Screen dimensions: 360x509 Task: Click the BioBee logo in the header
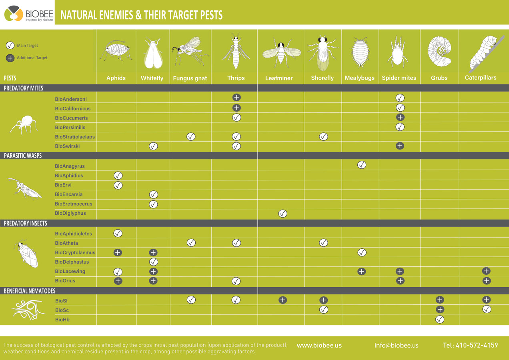(x=28, y=14)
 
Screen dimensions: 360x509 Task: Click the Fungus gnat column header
(x=190, y=78)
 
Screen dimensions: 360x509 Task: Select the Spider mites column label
(x=399, y=78)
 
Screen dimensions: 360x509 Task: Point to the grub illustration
(x=439, y=52)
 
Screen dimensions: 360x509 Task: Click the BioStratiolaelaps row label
(x=75, y=137)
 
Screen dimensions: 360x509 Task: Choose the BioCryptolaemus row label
(x=75, y=252)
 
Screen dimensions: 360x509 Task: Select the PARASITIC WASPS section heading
(x=23, y=156)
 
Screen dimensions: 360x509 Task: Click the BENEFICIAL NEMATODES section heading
(x=30, y=291)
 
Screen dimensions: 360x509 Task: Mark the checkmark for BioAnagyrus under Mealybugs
(x=361, y=165)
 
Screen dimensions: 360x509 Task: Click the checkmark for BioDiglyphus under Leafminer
(x=283, y=214)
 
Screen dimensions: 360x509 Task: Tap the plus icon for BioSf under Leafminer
(x=283, y=300)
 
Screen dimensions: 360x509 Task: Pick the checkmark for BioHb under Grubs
(x=439, y=319)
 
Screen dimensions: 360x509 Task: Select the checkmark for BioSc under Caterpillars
(x=487, y=309)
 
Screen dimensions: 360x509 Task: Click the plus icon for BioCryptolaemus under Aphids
(x=118, y=252)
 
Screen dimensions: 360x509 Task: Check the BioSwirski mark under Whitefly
(x=153, y=146)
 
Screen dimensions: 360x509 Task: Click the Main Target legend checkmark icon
(x=10, y=46)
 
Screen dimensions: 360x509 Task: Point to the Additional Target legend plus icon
(x=10, y=58)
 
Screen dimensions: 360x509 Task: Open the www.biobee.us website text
(x=319, y=345)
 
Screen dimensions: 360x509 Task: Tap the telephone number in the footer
(x=470, y=345)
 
